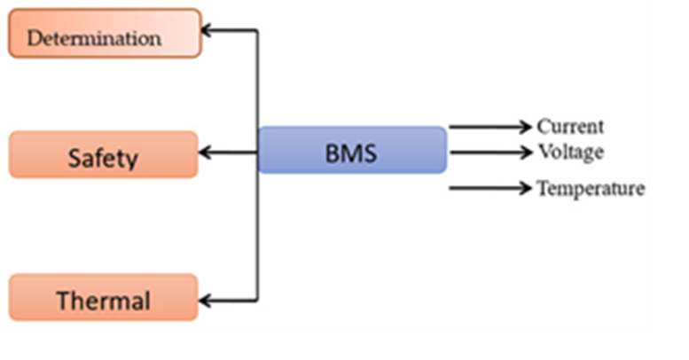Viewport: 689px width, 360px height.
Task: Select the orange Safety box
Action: point(103,155)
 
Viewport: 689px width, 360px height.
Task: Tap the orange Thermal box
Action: point(103,298)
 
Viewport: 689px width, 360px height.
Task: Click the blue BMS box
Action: point(352,150)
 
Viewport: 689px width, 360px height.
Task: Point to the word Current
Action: point(570,127)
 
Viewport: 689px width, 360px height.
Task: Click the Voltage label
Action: point(570,152)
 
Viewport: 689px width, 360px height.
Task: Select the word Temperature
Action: point(590,188)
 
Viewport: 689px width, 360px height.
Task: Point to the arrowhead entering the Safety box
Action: point(205,153)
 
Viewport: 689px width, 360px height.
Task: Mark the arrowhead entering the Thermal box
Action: point(205,300)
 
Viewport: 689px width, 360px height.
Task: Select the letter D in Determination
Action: point(34,39)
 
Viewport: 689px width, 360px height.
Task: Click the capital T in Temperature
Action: point(542,188)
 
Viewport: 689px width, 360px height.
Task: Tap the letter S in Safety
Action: point(74,160)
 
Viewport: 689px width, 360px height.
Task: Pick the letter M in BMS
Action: point(351,153)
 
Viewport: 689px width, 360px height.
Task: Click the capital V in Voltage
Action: point(544,152)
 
